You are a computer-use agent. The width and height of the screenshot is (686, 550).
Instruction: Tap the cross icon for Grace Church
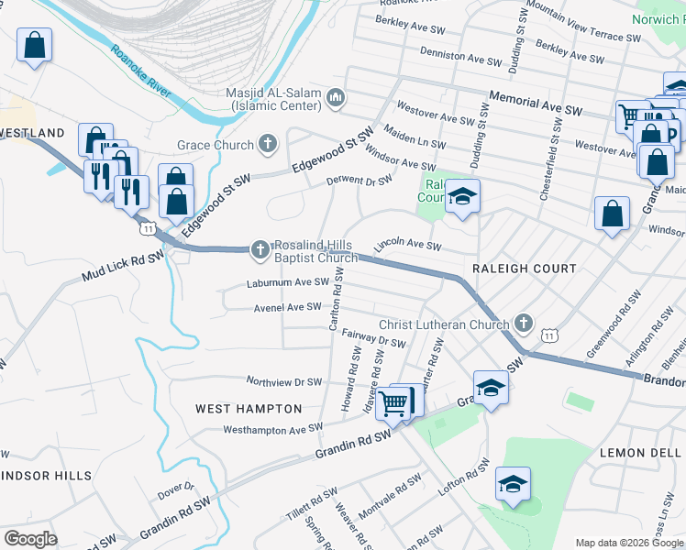tap(268, 144)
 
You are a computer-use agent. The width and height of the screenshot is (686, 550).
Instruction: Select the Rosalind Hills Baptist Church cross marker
tap(260, 248)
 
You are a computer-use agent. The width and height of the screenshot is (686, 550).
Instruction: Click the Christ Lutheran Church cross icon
tap(523, 323)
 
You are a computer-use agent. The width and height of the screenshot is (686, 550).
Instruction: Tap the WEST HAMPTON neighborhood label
tap(249, 408)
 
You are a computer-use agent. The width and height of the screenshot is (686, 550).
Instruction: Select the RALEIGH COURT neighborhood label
tap(524, 269)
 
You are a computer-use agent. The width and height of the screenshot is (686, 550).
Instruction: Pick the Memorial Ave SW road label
tap(537, 102)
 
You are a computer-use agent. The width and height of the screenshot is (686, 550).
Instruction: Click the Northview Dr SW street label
tap(283, 381)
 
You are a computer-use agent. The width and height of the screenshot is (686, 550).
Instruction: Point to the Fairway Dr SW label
tap(373, 339)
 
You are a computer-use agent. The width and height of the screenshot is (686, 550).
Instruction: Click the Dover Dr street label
tap(177, 491)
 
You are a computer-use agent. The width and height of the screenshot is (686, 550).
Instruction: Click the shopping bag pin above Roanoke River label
tap(34, 44)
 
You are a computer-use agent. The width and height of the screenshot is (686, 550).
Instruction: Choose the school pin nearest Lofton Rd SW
tap(513, 484)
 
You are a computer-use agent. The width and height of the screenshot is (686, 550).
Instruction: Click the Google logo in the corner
tap(30, 539)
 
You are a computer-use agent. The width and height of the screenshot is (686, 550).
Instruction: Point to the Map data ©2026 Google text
tap(628, 543)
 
